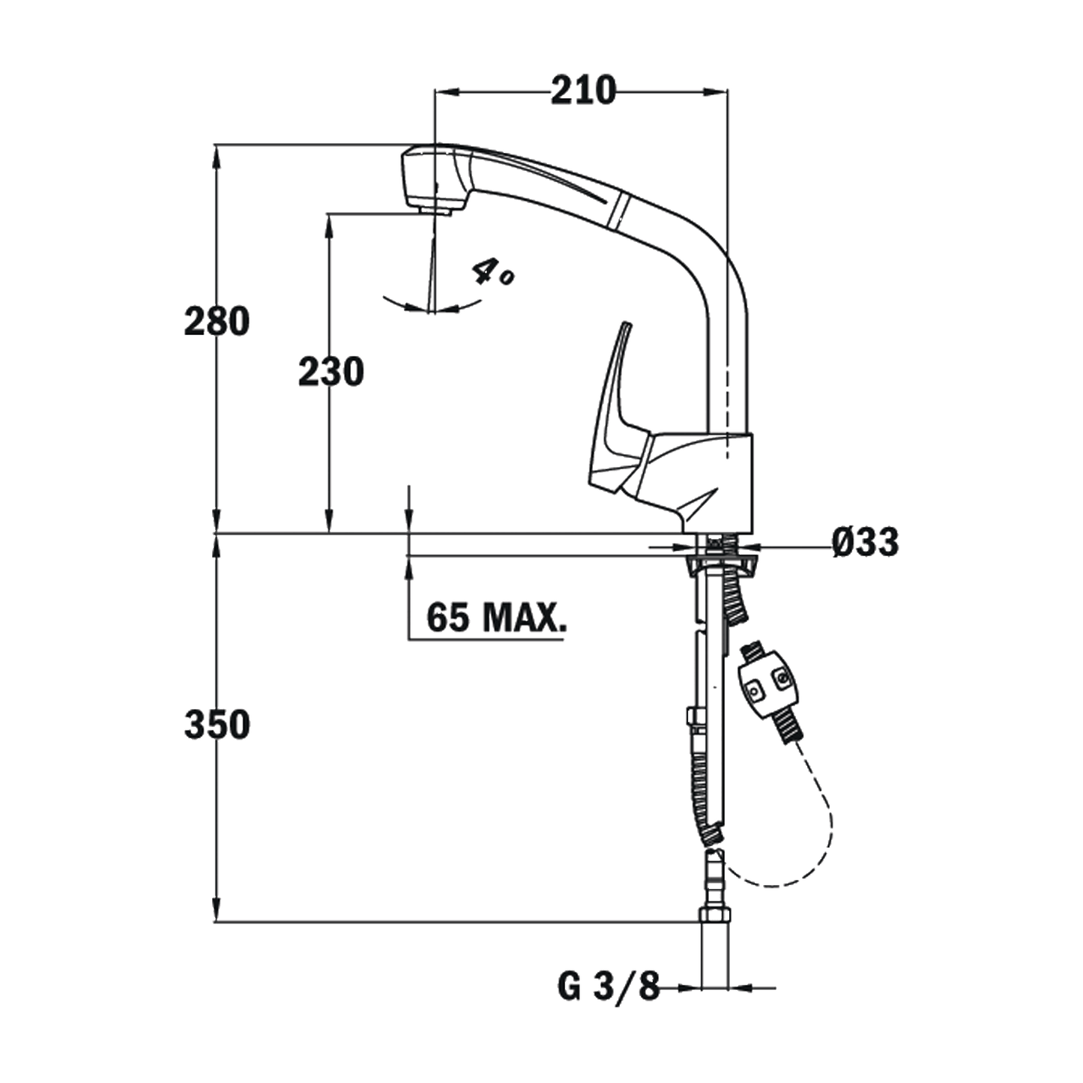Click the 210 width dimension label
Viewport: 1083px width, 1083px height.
[583, 91]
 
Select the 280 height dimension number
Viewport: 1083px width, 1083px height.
[217, 322]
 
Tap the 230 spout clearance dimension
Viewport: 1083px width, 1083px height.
[331, 372]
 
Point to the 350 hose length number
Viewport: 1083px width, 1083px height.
[217, 725]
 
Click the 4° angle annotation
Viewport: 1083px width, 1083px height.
[492, 273]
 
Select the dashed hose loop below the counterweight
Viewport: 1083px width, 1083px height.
[830, 821]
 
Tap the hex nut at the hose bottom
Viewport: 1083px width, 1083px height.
[715, 914]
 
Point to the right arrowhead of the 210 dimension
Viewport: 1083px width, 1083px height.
[716, 91]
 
